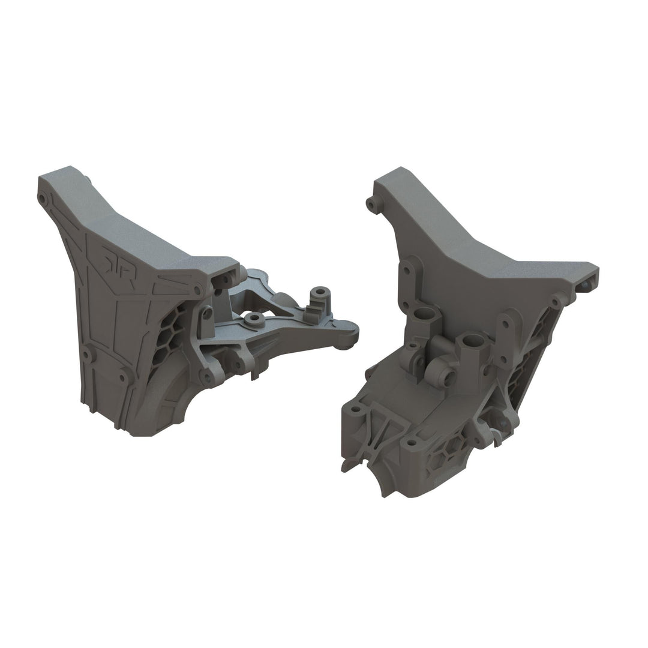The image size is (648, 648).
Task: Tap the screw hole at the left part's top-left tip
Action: pos(42,197)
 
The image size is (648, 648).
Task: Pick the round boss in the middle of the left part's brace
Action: pos(254,316)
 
